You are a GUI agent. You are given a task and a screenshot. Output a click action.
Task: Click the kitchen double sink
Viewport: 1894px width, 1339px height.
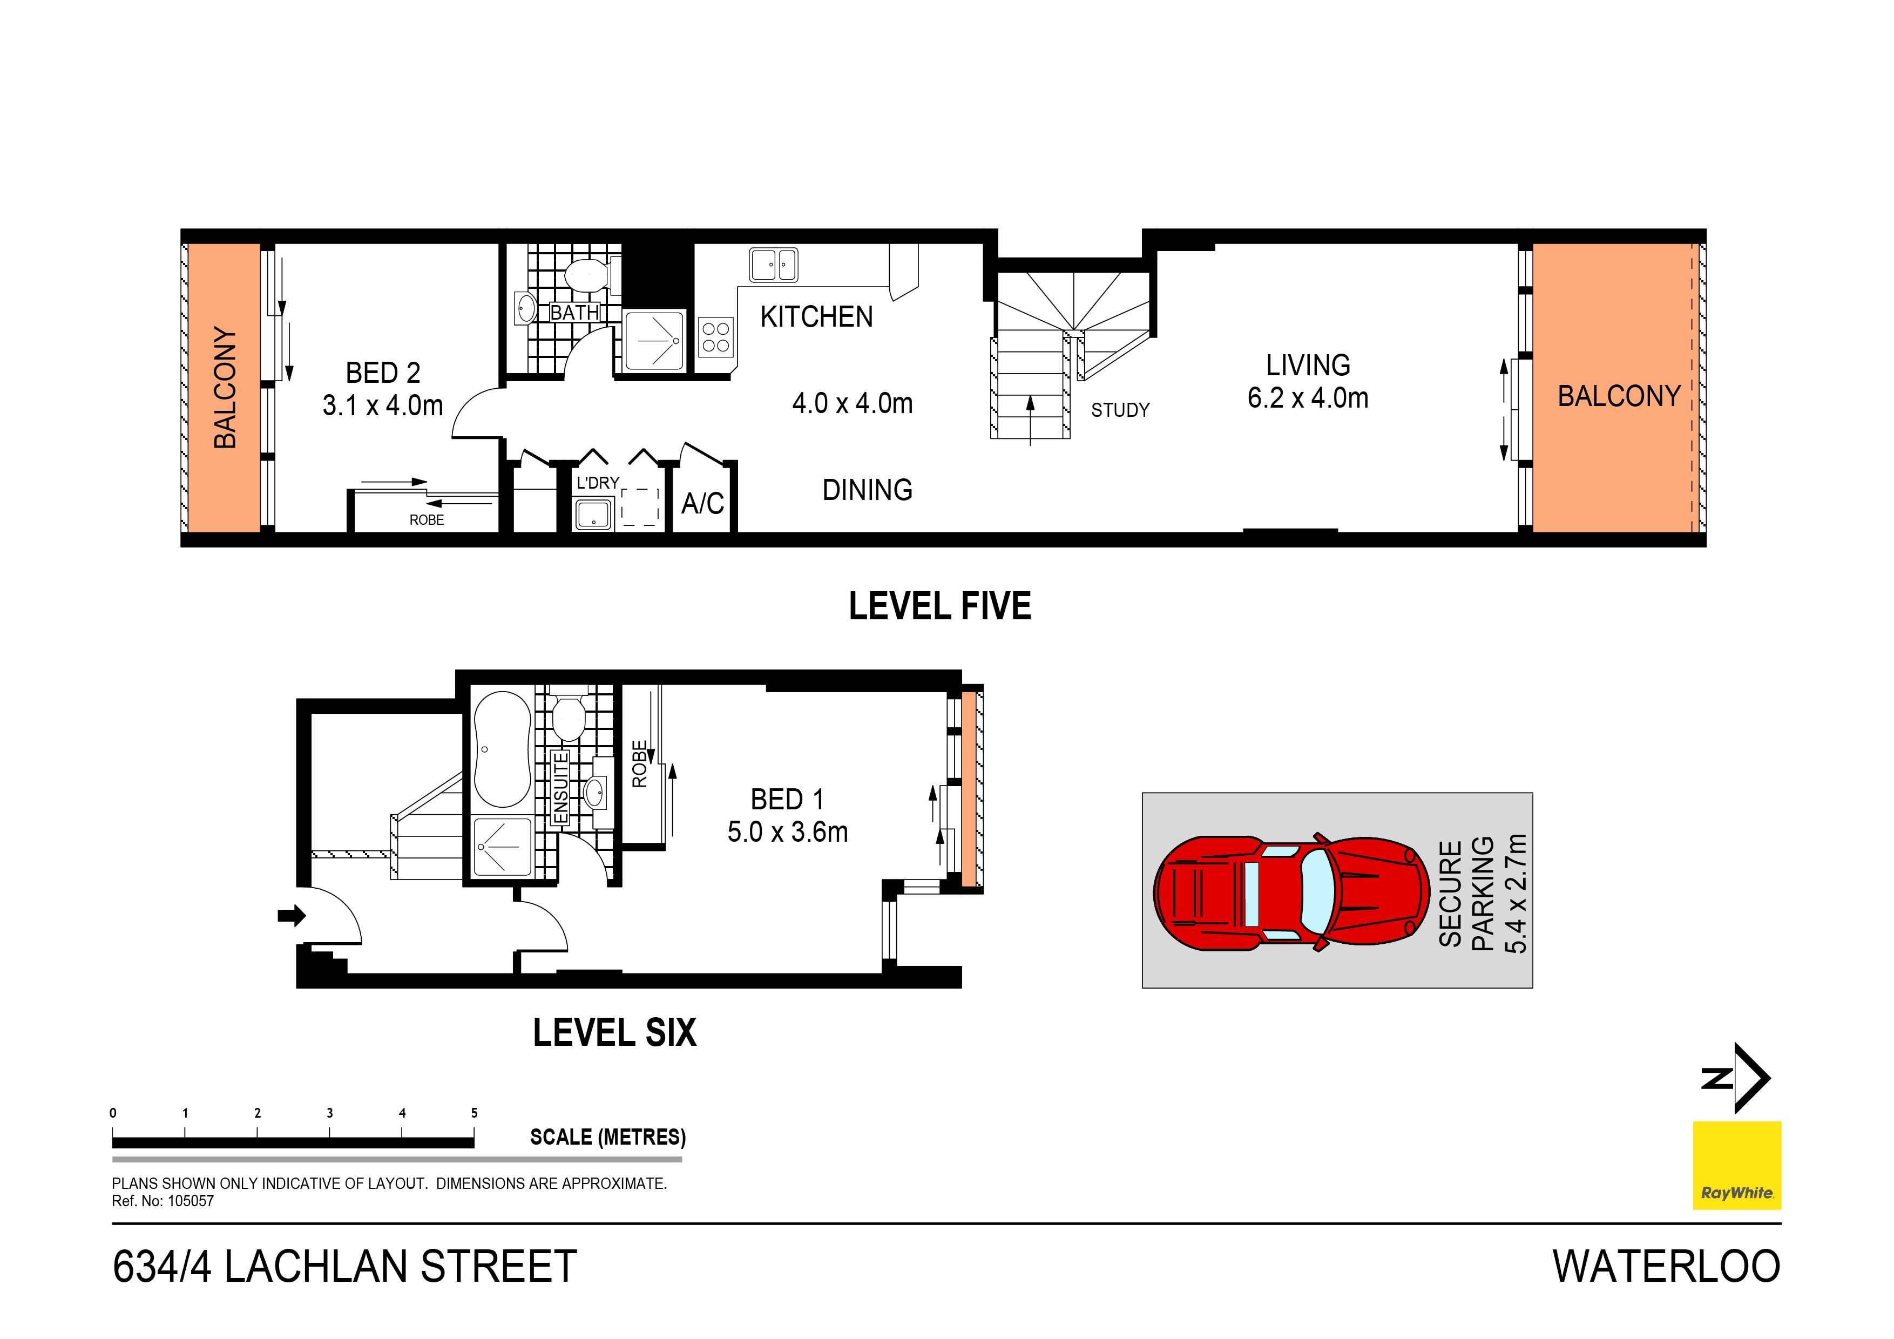pyautogui.click(x=773, y=265)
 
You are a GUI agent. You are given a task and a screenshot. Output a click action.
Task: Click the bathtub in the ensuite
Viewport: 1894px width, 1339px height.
pyautogui.click(x=502, y=749)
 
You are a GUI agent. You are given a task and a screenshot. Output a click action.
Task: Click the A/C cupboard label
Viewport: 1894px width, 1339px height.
pyautogui.click(x=702, y=503)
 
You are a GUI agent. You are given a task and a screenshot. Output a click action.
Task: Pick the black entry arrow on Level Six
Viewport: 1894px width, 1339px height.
pyautogui.click(x=291, y=915)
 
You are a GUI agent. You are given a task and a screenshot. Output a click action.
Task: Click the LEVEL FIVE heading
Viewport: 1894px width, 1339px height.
pyautogui.click(x=939, y=606)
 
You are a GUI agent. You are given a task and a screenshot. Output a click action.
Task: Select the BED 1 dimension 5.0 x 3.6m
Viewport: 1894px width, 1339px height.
pyautogui.click(x=787, y=831)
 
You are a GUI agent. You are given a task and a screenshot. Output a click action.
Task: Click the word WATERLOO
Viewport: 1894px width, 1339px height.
pyautogui.click(x=1666, y=1267)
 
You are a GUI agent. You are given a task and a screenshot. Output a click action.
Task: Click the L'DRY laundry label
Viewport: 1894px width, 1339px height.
pyautogui.click(x=597, y=483)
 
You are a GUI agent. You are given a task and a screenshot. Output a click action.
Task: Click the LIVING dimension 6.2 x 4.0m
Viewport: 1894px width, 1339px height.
pyautogui.click(x=1308, y=398)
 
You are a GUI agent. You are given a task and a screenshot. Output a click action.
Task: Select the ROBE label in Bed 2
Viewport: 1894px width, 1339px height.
pyautogui.click(x=427, y=520)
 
